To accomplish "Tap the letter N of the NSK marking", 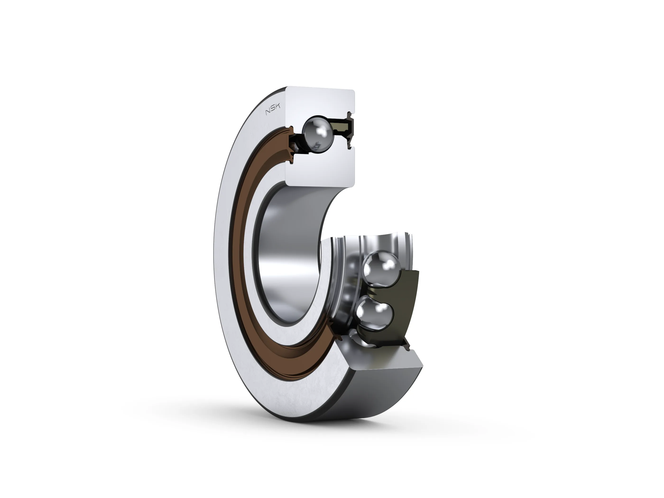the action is pyautogui.click(x=268, y=113).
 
